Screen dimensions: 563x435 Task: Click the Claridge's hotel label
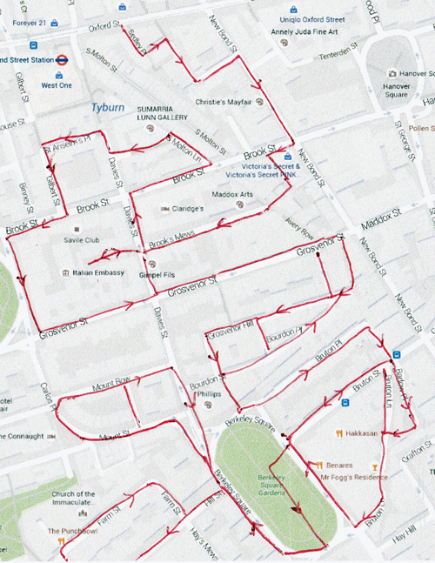[x=186, y=209]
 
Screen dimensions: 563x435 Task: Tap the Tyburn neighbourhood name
[x=109, y=107]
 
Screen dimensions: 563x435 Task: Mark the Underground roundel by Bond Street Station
[x=62, y=60]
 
